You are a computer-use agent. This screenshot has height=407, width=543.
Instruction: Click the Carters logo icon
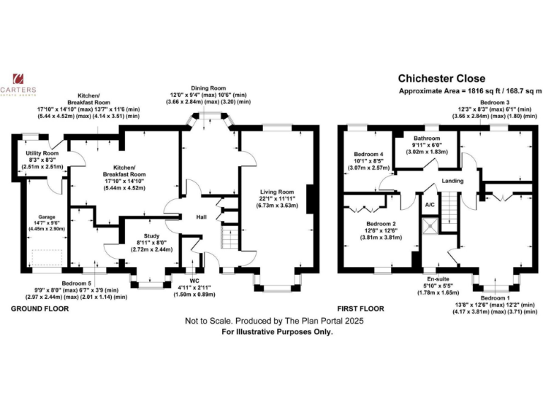click(x=18, y=79)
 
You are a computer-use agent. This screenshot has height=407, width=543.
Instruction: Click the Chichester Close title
click(x=441, y=78)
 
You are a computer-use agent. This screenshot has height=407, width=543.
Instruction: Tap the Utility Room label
click(x=42, y=153)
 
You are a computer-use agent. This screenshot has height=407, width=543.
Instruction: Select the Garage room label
click(x=47, y=217)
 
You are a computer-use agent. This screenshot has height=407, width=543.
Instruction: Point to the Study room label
click(x=151, y=236)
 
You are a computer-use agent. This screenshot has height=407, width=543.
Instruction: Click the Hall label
click(x=202, y=217)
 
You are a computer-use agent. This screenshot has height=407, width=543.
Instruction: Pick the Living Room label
click(x=277, y=191)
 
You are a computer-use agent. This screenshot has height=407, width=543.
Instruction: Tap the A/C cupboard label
click(x=430, y=205)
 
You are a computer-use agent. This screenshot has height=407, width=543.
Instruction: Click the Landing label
click(x=452, y=181)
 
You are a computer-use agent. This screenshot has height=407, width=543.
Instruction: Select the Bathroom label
click(x=426, y=138)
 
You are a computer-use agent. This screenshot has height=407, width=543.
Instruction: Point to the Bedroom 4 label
click(x=368, y=154)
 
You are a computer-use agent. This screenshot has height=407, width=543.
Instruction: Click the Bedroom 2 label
click(x=381, y=223)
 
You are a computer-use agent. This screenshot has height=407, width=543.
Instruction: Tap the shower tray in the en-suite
click(x=431, y=225)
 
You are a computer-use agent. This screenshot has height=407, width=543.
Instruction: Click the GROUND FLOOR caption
click(x=40, y=308)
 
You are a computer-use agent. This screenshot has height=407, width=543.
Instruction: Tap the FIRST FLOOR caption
click(x=361, y=308)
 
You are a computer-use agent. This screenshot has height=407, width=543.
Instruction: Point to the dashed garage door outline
click(x=47, y=258)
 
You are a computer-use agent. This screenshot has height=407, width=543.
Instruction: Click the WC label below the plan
click(x=194, y=281)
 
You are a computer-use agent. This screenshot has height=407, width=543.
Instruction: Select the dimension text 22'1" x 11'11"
click(x=277, y=199)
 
